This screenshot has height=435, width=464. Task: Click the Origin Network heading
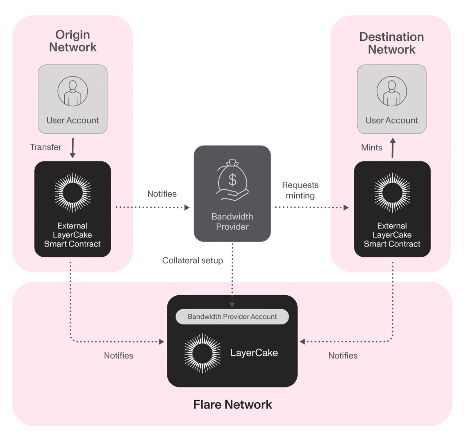coord(72,41)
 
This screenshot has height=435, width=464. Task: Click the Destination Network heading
coord(392,43)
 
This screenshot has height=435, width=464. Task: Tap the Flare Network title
coord(232,404)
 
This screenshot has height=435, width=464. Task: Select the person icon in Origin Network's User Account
coord(72,91)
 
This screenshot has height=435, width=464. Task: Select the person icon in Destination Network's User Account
coord(392,91)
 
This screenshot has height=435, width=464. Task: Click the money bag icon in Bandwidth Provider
coord(232,180)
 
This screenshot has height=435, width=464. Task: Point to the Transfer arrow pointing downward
coord(72,148)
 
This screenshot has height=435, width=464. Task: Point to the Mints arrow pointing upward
coord(393,148)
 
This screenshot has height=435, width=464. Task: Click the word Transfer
coord(46,147)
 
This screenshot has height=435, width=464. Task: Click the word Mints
coord(372,147)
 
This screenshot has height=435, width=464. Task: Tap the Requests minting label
coord(300,190)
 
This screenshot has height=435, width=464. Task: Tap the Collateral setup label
coord(192,260)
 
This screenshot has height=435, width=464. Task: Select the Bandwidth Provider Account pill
coord(232,317)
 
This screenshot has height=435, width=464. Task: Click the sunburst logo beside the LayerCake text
coord(202,353)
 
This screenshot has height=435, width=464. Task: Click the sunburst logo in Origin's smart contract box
coord(72,192)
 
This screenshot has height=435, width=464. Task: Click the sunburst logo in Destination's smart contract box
coord(392,192)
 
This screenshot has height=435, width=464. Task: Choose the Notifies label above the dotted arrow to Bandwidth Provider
coord(162,194)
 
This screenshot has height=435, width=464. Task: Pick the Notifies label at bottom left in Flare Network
coord(118,356)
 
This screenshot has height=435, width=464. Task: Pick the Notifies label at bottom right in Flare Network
coord(343,356)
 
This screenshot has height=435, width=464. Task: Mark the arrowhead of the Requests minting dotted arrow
coord(346,207)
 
